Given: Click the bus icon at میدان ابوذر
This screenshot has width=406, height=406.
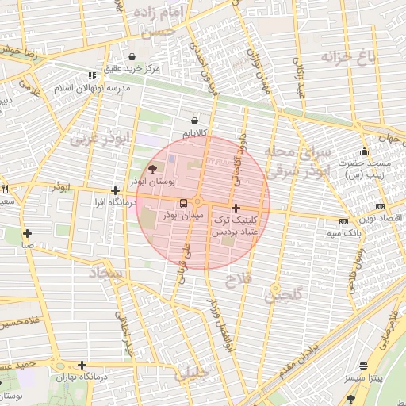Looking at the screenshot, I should pos(184,203).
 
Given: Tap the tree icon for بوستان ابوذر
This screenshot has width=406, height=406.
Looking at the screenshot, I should pos(153,169).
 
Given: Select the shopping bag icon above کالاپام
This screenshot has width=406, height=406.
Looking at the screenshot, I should pos(194,121).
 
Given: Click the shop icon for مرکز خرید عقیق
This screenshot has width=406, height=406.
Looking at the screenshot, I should pos(131,56).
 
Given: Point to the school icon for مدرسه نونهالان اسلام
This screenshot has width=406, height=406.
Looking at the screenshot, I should pos(92,75).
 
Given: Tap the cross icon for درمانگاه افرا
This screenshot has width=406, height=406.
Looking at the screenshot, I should pos(116,190).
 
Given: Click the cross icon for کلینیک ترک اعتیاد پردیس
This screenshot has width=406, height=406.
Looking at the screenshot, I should pos(236,207).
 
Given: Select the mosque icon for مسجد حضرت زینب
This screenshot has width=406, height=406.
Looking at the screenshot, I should pos(364,151).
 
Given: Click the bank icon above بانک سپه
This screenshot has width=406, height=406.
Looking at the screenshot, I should pos(343,222).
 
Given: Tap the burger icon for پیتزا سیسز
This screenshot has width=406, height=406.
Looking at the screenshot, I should pos(364,366).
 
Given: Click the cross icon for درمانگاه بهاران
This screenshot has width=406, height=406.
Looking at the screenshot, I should pos(82,365).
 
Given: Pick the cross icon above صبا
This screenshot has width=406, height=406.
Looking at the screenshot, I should pos(27,233).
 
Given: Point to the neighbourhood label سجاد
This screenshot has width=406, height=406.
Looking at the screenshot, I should pos(108,274).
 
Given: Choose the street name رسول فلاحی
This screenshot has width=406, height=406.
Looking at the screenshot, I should pos(354,262).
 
